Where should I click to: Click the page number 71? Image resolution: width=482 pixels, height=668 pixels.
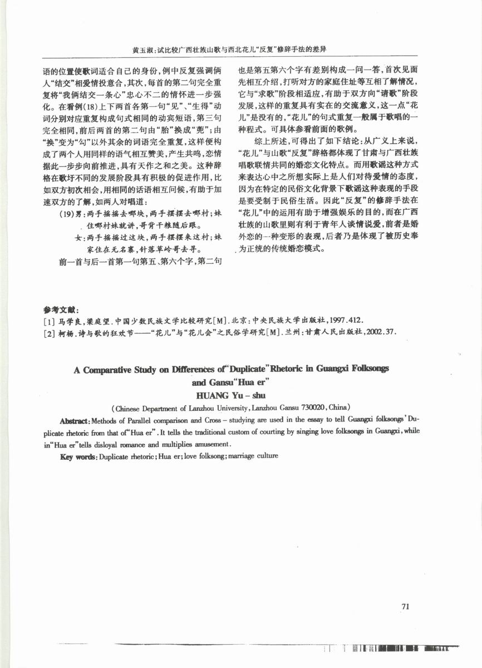405,607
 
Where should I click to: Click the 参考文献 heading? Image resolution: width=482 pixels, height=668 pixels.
62,310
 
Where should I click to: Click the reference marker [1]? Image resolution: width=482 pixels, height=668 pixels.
48,321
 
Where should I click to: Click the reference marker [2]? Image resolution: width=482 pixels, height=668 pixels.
48,332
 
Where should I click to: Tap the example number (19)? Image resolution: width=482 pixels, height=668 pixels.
66,212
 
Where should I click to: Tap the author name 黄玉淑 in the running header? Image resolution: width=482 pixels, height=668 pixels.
143,49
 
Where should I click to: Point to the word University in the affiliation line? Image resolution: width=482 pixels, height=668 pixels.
209,406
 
